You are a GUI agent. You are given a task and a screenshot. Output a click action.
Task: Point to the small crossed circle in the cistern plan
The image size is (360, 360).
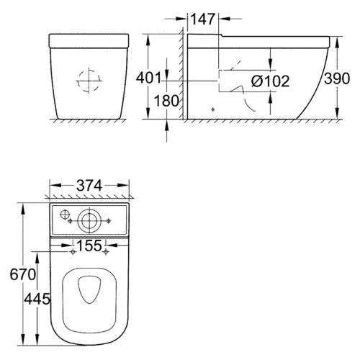(x=65, y=214)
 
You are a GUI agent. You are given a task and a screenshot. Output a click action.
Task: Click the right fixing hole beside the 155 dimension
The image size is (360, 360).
(x=106, y=253)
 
